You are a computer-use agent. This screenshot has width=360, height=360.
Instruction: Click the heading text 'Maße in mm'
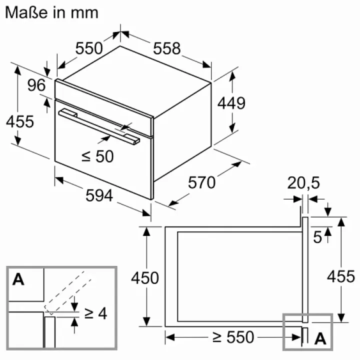51,12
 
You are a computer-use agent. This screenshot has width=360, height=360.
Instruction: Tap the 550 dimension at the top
89,48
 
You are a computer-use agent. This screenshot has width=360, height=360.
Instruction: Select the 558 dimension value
167,48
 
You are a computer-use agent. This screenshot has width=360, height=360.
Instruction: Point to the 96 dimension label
36,85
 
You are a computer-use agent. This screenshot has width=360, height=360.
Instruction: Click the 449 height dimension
231,103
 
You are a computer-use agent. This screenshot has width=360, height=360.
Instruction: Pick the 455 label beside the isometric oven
20,121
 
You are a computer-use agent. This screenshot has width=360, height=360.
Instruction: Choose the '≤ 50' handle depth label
97,156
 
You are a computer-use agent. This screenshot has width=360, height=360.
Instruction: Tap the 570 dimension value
202,183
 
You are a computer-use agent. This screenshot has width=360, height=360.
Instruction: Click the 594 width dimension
99,195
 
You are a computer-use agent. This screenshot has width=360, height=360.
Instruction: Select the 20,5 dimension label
303,183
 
